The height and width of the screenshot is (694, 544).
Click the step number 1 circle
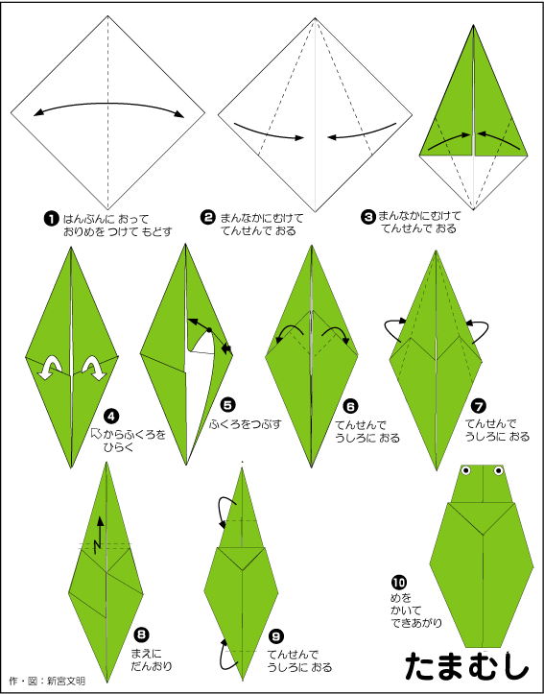tap(51, 218)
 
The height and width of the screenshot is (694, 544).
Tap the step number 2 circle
tap(207, 217)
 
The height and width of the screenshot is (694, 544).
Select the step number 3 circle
tap(367, 216)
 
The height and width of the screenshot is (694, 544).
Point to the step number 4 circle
tap(110, 416)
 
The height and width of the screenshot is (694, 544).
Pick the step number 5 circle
tap(228, 404)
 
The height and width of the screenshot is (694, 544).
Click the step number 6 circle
tap(350, 405)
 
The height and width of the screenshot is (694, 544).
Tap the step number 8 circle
tap(142, 634)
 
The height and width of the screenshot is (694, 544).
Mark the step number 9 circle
tap(275, 636)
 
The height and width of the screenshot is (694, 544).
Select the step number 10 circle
tap(398, 582)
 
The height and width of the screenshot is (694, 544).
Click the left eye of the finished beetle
tap(465, 470)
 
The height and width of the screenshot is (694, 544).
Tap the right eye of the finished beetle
tap(499, 470)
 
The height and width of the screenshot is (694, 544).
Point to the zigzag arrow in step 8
tap(100, 532)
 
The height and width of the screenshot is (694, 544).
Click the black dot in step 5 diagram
tap(209, 329)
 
